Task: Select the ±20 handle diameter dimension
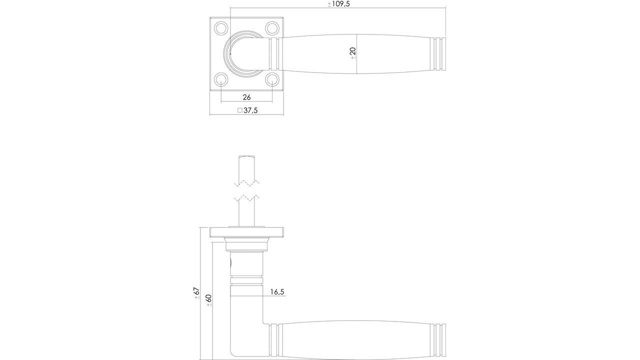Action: point(352,53)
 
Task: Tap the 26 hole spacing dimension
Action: point(246,97)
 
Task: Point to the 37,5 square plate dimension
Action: point(250,110)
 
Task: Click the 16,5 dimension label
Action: point(277,291)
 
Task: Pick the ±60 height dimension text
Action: point(208,300)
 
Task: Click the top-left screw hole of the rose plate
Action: point(220,27)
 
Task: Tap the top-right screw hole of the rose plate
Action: point(272,27)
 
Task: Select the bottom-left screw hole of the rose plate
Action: point(220,79)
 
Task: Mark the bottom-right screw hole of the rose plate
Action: point(272,79)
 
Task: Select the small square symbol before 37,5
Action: point(239,110)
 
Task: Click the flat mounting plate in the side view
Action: point(247,231)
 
